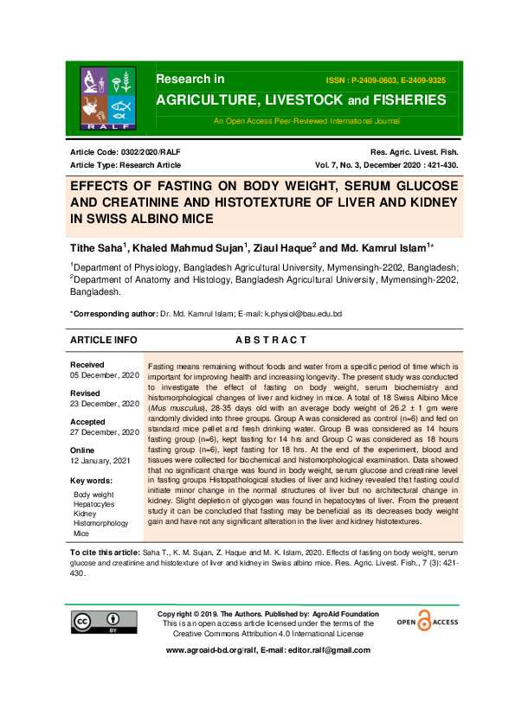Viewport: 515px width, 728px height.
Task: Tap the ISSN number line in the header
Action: point(385,80)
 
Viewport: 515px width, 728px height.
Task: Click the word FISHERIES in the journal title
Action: point(404,100)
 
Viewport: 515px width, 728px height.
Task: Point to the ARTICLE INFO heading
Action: point(103,341)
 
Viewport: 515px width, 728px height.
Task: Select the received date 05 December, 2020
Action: point(104,376)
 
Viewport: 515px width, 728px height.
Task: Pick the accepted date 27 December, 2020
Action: point(104,431)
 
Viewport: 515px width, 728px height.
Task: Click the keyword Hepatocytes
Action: point(94,504)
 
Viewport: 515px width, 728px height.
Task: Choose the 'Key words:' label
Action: point(92,480)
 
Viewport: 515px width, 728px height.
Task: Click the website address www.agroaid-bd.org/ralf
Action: point(212,650)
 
